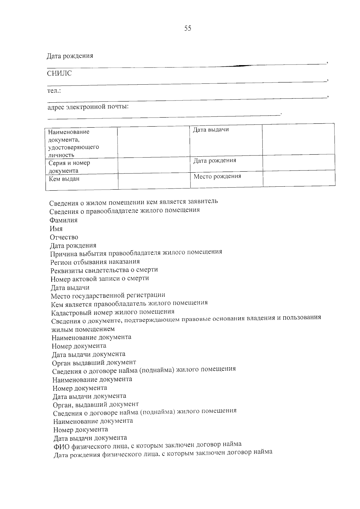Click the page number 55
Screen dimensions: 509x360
pos(188,28)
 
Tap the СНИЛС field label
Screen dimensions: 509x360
pos(59,73)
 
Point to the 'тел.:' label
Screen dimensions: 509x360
pos(54,91)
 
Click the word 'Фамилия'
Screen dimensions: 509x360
pos(64,220)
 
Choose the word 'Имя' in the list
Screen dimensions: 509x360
pos(56,229)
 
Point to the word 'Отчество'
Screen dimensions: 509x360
pos(64,237)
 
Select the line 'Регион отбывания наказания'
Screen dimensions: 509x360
pos(95,262)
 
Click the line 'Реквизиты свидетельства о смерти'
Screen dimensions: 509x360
pos(104,270)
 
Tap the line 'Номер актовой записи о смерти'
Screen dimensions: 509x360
pos(100,279)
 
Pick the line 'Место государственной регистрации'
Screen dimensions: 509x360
pos(108,296)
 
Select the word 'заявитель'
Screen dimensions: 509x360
pos(203,201)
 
